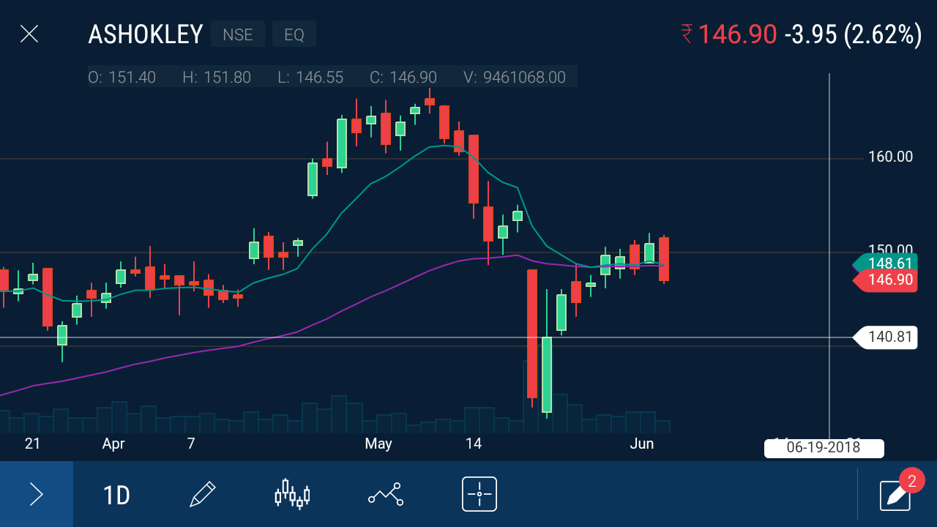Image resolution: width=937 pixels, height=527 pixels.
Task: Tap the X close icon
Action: click(x=29, y=34)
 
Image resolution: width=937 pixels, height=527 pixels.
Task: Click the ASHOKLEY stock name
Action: click(x=145, y=34)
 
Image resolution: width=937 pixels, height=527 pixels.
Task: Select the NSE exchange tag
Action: click(x=238, y=34)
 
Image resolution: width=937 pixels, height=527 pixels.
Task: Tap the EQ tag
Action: click(x=294, y=34)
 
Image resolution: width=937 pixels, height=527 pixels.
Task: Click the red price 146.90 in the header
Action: click(x=736, y=34)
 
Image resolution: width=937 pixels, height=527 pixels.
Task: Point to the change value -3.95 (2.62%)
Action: click(x=853, y=34)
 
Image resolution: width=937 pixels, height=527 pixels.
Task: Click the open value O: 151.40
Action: click(x=122, y=77)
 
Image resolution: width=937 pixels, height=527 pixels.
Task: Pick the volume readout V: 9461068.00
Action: click(x=515, y=77)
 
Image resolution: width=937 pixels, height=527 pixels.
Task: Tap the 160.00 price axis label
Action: click(x=890, y=157)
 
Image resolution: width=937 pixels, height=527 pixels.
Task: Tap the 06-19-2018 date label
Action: click(x=824, y=447)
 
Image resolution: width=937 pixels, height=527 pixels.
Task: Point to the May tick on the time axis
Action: click(x=378, y=444)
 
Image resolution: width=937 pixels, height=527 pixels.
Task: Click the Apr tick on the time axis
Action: click(x=113, y=444)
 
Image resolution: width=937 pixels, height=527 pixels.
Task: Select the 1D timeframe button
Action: click(x=116, y=496)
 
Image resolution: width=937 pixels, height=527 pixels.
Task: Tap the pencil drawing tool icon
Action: click(x=202, y=495)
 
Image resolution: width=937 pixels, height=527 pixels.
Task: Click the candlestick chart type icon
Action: click(x=292, y=494)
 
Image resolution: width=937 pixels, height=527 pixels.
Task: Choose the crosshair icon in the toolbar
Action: click(x=479, y=494)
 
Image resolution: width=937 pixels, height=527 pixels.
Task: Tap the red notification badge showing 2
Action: click(x=911, y=481)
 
